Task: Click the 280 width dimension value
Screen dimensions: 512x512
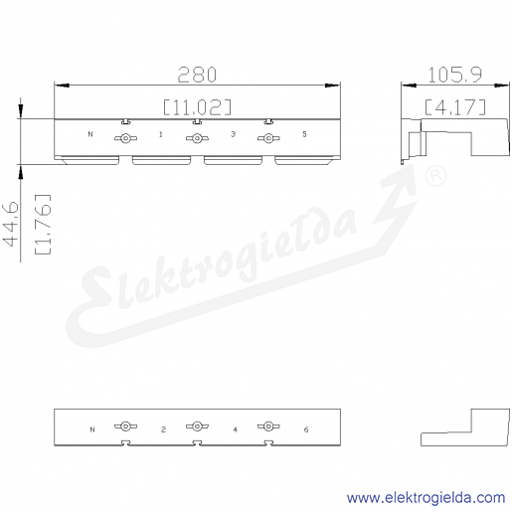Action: [197, 75]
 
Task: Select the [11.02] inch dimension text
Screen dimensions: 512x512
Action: [197, 107]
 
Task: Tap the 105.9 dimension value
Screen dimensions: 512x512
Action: [455, 75]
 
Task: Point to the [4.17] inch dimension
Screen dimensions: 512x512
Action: [455, 107]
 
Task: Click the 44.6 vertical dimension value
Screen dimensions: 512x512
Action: [11, 224]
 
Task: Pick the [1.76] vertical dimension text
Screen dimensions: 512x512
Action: [43, 225]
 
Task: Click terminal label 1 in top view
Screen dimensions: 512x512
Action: [161, 134]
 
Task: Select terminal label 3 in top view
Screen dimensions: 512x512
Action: [233, 134]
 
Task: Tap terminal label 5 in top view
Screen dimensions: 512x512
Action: [304, 134]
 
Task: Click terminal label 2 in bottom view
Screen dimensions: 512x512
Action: [163, 429]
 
